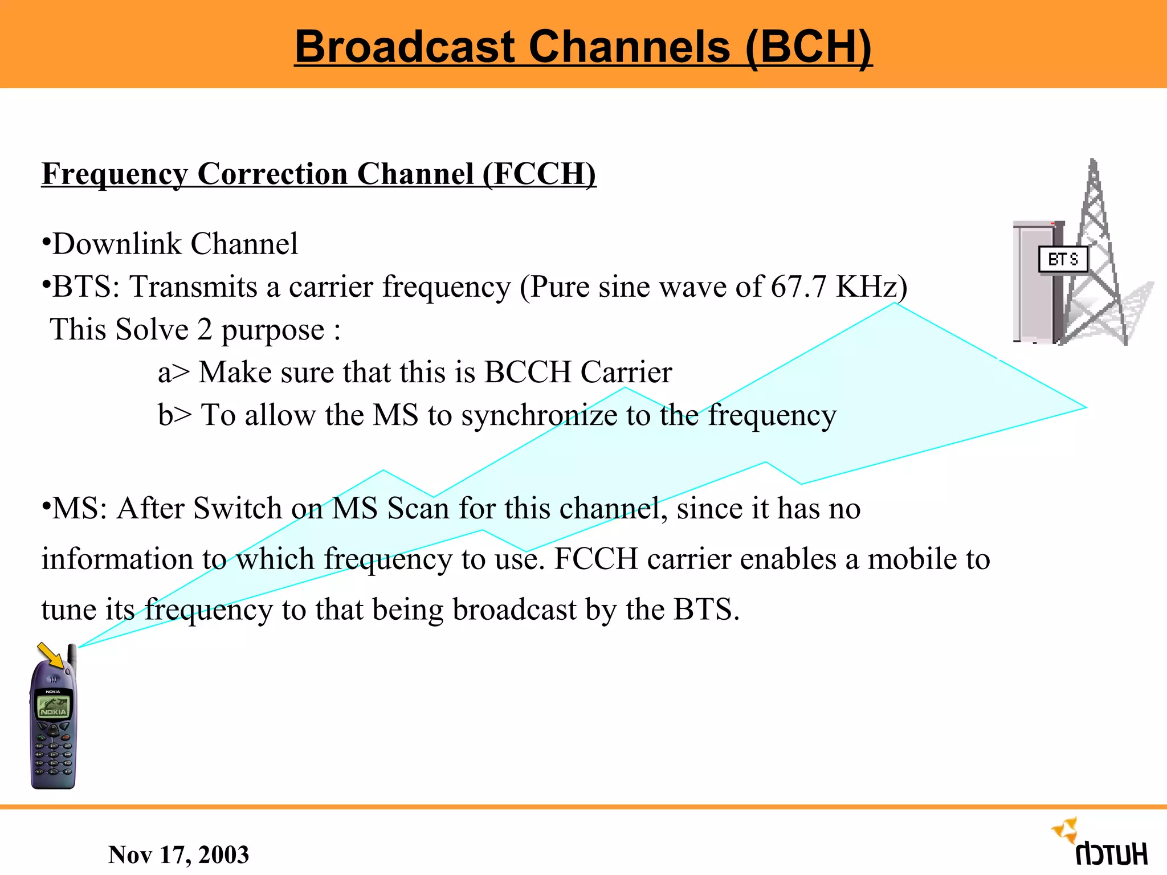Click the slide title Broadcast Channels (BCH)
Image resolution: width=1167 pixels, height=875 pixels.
[583, 47]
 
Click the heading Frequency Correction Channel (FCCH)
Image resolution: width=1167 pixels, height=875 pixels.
[319, 173]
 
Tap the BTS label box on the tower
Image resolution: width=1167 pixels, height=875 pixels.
[1063, 260]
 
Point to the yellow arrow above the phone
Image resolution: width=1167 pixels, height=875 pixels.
[51, 655]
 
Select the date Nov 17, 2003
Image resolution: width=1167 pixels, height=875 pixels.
[178, 854]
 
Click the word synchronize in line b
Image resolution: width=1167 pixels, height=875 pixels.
[539, 415]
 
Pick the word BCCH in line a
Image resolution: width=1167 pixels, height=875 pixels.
[528, 373]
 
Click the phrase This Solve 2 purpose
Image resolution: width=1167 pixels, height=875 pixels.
[195, 330]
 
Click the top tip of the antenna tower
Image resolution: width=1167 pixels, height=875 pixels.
[1092, 162]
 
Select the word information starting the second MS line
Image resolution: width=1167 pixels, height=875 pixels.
[117, 559]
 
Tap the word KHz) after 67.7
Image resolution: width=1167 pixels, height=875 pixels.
[871, 287]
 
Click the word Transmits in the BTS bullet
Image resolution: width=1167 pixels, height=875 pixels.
[193, 287]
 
